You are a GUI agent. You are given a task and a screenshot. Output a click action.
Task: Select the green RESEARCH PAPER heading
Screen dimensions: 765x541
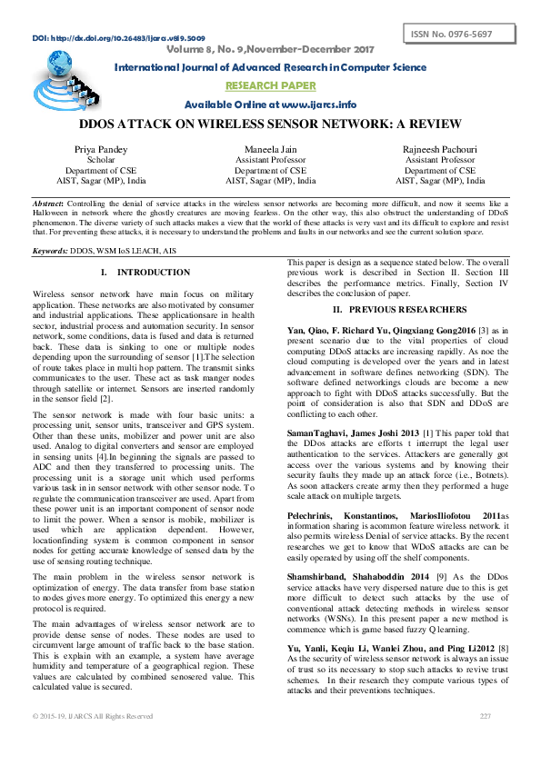tap(270, 85)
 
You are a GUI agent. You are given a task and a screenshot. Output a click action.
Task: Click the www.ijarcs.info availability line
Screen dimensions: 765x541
tap(270, 104)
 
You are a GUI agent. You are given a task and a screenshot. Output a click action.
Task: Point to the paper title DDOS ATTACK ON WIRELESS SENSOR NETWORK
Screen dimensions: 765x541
tap(270, 124)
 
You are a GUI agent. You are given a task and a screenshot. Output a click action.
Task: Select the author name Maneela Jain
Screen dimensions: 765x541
tap(270, 149)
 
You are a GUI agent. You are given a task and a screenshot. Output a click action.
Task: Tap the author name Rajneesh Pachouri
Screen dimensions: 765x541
tap(439, 149)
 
